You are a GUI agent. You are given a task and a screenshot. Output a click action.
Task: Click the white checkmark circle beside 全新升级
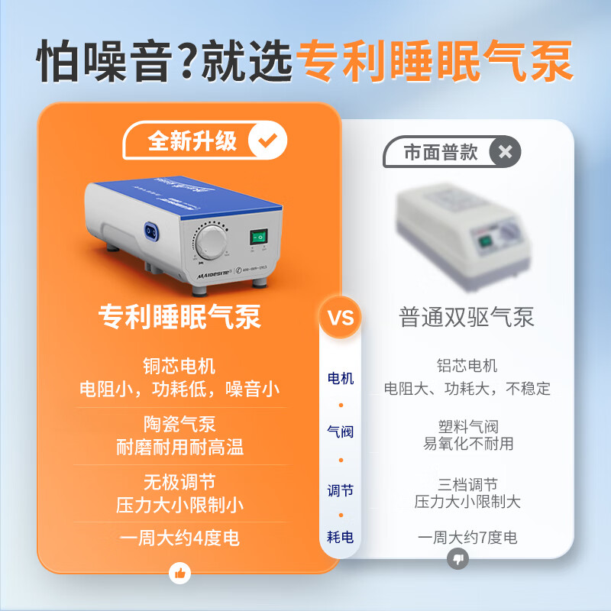coord(268,141)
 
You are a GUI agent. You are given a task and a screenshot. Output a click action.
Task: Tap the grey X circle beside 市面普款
coord(505,151)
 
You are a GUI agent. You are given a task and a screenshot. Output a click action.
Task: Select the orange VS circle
coord(341,317)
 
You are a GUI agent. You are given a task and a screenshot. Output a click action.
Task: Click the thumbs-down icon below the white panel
coord(457,560)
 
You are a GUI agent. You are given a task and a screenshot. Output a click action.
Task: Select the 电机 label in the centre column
coord(341,378)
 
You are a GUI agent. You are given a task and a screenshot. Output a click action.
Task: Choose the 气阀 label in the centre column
coord(341,432)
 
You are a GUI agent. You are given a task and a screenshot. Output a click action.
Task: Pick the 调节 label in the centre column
coord(341,490)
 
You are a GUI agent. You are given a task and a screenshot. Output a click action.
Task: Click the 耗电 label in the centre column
coord(341,537)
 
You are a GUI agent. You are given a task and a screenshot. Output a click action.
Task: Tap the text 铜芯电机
coord(179,365)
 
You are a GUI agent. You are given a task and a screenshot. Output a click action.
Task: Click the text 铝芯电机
coord(467,366)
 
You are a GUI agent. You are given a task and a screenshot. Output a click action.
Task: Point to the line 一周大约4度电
coord(179,538)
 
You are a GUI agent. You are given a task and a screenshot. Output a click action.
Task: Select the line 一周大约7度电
coord(467,538)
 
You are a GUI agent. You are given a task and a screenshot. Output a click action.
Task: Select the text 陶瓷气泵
coord(179,422)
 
